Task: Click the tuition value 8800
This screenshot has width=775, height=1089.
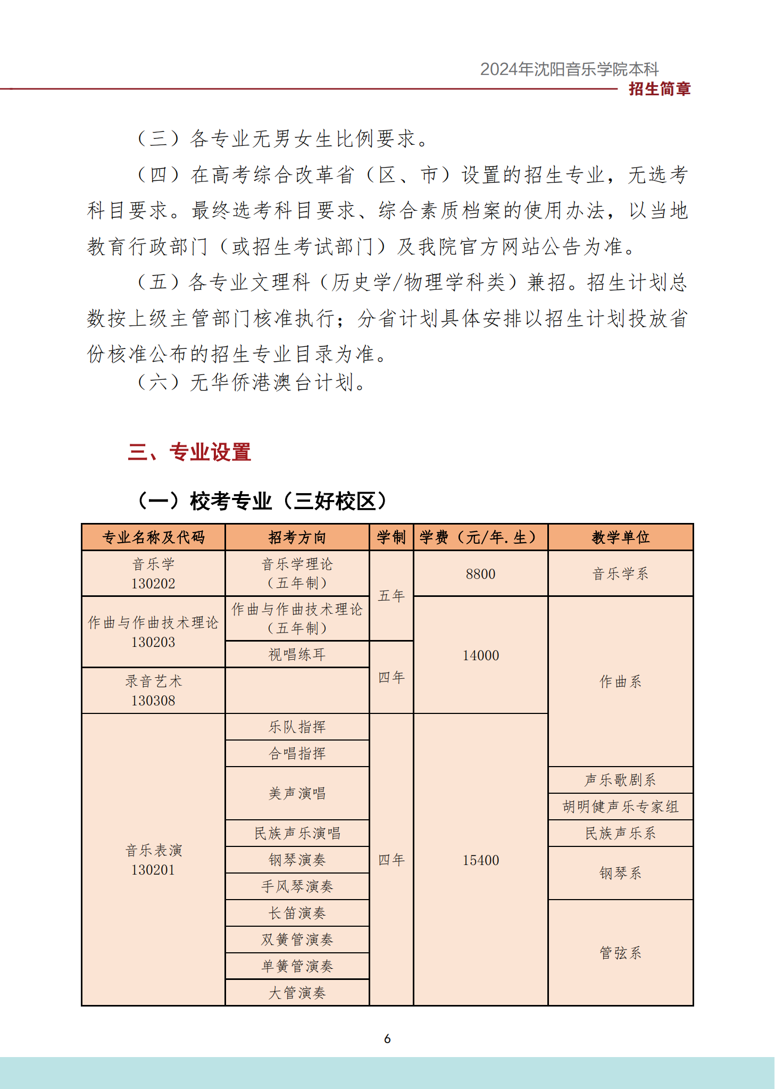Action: (480, 574)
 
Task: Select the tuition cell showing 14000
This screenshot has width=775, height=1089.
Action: (480, 655)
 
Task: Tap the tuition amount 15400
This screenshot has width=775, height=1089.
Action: (480, 860)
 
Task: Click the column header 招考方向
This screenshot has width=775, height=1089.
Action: (297, 537)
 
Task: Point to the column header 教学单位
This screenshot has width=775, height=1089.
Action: (620, 537)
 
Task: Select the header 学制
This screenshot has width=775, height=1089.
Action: (391, 537)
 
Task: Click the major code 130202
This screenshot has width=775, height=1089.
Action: (153, 584)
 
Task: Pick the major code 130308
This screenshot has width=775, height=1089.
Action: (153, 701)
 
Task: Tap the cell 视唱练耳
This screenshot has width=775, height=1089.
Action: (297, 654)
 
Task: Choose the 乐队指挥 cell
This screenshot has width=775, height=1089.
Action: (297, 727)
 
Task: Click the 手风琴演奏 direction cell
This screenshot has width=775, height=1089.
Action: (297, 886)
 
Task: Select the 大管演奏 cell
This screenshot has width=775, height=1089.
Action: (297, 993)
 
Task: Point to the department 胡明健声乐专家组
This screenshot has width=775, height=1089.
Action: (620, 807)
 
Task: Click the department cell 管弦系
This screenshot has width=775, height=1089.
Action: (620, 953)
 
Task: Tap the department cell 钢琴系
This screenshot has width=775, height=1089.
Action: (620, 873)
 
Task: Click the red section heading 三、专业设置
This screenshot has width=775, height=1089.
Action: (189, 452)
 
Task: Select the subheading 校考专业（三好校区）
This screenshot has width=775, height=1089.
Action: (262, 501)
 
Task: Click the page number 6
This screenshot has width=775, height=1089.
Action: (387, 1039)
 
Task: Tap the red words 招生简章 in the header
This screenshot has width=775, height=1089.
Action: (660, 89)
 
